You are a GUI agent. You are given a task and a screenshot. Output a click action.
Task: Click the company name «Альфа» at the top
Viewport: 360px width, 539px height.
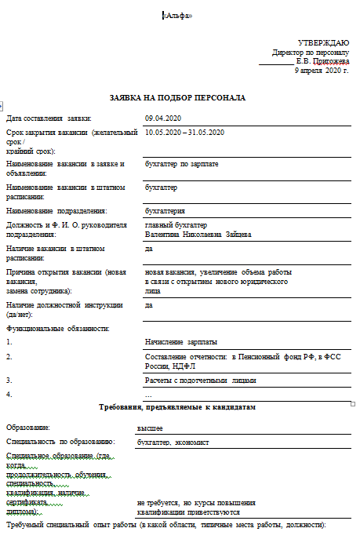click(176, 16)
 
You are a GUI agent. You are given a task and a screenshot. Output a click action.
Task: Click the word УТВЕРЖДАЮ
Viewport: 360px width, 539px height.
click(323, 42)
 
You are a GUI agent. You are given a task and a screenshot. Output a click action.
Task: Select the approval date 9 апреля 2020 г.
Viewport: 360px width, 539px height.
click(322, 70)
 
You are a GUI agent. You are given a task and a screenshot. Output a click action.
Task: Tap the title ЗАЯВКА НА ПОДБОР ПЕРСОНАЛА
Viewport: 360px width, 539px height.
click(178, 98)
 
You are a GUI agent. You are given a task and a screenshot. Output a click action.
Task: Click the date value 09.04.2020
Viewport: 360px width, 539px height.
click(163, 118)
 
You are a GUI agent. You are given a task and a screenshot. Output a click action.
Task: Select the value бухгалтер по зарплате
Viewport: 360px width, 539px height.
click(182, 163)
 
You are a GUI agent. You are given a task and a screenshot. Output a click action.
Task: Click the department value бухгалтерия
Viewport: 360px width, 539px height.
click(165, 210)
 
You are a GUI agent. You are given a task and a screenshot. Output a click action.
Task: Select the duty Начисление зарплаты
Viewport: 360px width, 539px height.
click(181, 342)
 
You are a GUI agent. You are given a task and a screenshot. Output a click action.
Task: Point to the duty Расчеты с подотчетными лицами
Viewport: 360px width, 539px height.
click(201, 380)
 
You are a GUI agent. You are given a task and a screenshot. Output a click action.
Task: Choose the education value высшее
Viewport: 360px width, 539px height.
click(150, 428)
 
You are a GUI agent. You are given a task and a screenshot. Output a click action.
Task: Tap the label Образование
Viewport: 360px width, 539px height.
click(27, 428)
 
